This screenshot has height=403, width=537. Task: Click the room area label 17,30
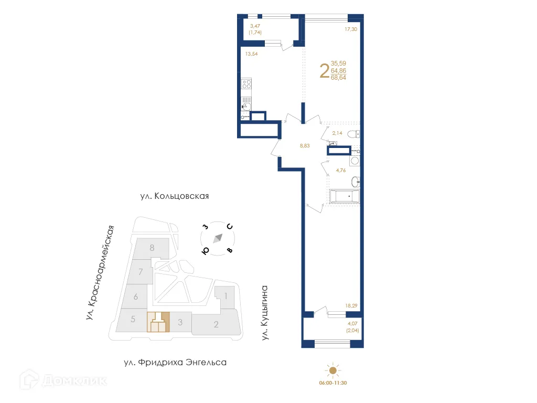(351, 29)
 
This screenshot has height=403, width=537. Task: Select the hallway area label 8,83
(304, 146)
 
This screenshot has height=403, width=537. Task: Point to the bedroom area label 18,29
(351, 305)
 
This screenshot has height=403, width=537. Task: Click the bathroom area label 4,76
(341, 170)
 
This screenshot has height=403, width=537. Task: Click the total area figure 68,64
(338, 77)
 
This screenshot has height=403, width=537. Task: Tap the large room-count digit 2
(324, 71)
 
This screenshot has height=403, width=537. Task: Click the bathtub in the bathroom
(344, 196)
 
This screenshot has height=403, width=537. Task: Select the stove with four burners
(246, 84)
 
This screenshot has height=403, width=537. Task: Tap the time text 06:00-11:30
(333, 383)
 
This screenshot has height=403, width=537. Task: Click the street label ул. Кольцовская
(175, 196)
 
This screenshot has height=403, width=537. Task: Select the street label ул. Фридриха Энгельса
(175, 363)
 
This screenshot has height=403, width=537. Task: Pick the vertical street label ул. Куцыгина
(265, 313)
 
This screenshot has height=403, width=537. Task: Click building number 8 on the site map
(152, 248)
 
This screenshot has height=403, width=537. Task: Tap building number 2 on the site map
(216, 324)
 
